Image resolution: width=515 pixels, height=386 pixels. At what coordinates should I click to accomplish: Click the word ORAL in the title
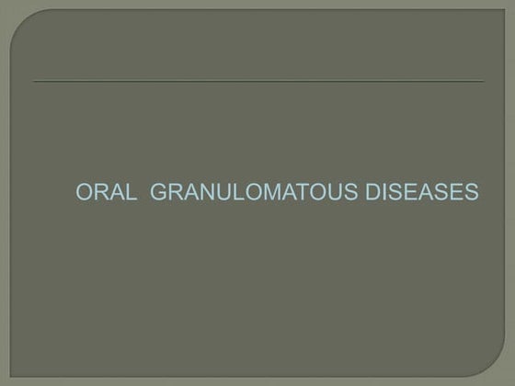(x=105, y=194)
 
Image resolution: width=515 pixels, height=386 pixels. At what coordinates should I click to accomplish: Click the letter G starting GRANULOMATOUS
(x=155, y=194)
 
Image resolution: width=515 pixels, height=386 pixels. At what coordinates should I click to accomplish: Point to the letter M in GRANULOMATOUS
(x=260, y=194)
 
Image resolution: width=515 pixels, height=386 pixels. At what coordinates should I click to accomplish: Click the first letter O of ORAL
(x=83, y=194)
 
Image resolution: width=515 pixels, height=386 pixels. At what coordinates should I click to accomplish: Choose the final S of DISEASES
(x=473, y=194)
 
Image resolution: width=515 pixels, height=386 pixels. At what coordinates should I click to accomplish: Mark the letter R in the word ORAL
(x=99, y=194)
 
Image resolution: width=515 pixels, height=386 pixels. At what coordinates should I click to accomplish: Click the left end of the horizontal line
(x=34, y=81)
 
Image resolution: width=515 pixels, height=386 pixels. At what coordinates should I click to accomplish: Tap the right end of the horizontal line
(x=483, y=81)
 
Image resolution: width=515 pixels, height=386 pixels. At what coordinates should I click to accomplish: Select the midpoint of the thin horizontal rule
(x=258, y=81)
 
